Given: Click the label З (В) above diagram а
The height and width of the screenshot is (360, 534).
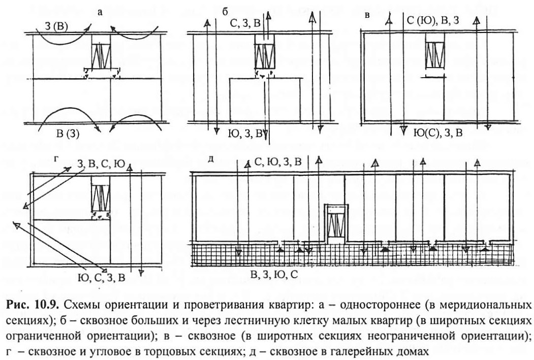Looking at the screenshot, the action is pos(56,26).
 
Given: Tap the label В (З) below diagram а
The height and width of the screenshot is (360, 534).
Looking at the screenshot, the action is pos(68,134).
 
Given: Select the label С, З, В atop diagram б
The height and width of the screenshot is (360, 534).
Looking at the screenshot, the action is pos(245,23).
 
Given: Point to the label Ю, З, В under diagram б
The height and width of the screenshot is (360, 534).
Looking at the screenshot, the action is pos(245,134).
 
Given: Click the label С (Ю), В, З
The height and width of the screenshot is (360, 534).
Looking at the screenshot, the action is pos(433,20).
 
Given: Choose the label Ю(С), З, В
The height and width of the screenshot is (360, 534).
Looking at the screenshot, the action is pos(437,133).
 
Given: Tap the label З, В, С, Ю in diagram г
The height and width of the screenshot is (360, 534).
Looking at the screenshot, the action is pos(101,165).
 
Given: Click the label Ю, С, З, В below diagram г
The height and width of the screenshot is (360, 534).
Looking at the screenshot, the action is pos(101,278).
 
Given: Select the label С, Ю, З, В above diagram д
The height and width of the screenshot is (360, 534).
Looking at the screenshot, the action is pos(278,162).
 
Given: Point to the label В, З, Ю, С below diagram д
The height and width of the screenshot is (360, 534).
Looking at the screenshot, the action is pos(274,274).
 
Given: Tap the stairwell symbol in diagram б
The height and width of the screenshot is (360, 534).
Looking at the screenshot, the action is pos(265,56).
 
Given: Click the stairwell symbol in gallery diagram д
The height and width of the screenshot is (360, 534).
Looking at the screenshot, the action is pos(336,224).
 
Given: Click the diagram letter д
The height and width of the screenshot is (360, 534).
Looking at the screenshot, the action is pos(211,159).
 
